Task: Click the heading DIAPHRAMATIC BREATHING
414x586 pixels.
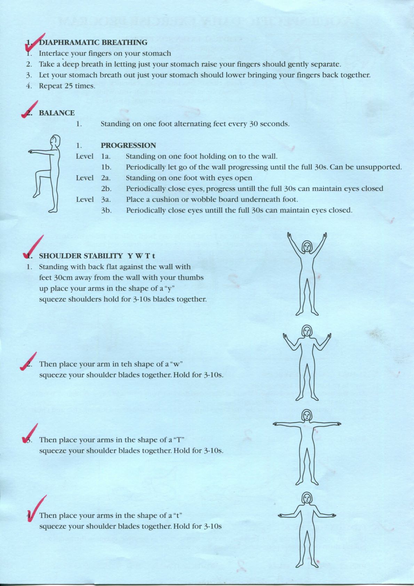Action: point(93,42)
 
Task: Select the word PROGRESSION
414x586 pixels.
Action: point(128,145)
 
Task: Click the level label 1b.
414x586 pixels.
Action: point(106,167)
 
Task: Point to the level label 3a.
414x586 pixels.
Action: point(106,199)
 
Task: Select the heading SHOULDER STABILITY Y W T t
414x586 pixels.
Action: point(97,256)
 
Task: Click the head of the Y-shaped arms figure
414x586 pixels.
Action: point(306,246)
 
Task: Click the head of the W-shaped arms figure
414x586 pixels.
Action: point(306,331)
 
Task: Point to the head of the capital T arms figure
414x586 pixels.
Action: point(306,415)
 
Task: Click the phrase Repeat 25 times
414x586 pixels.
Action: point(67,86)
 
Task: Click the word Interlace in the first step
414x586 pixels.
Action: point(54,53)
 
